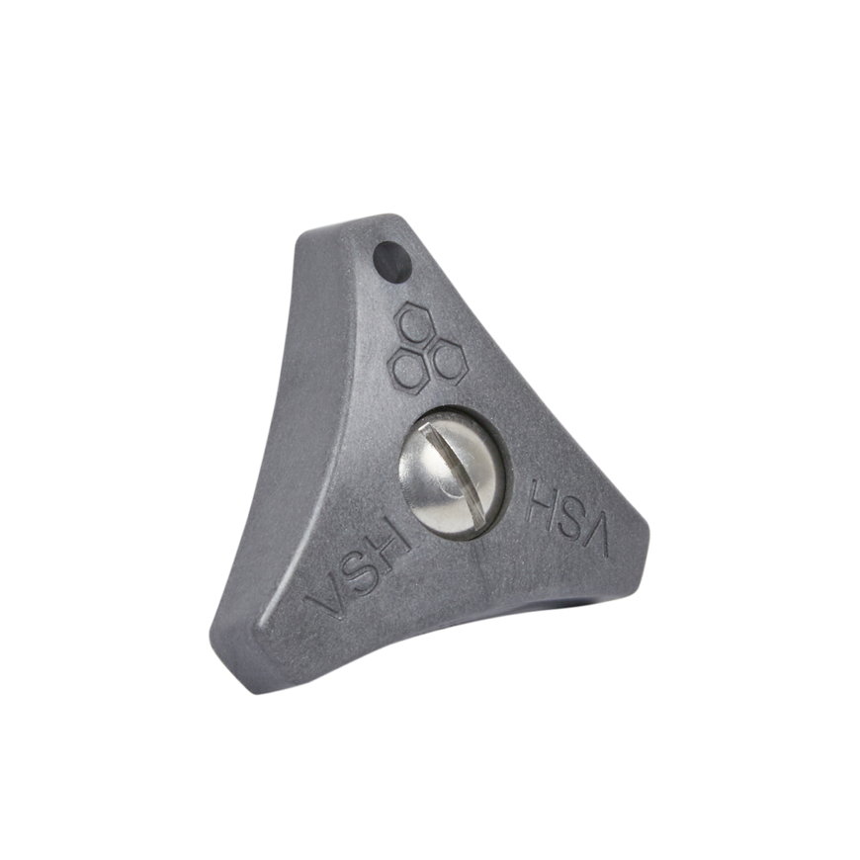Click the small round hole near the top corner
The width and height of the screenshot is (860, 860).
point(391,262)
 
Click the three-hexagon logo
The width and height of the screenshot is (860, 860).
point(427,346)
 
